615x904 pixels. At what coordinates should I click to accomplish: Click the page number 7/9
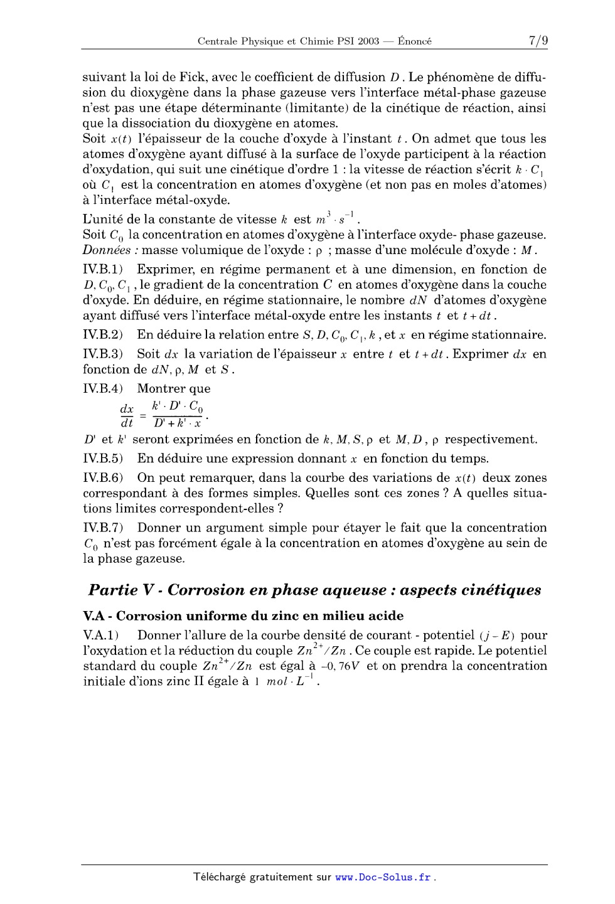[x=537, y=41]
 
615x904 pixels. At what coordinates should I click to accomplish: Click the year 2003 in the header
[x=368, y=41]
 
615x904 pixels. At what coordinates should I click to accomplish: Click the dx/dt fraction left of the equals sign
[x=127, y=416]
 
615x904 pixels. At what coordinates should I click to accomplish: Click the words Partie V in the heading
[x=122, y=590]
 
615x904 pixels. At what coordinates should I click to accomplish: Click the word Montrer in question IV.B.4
[x=161, y=389]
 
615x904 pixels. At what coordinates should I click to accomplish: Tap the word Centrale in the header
[x=218, y=41]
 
